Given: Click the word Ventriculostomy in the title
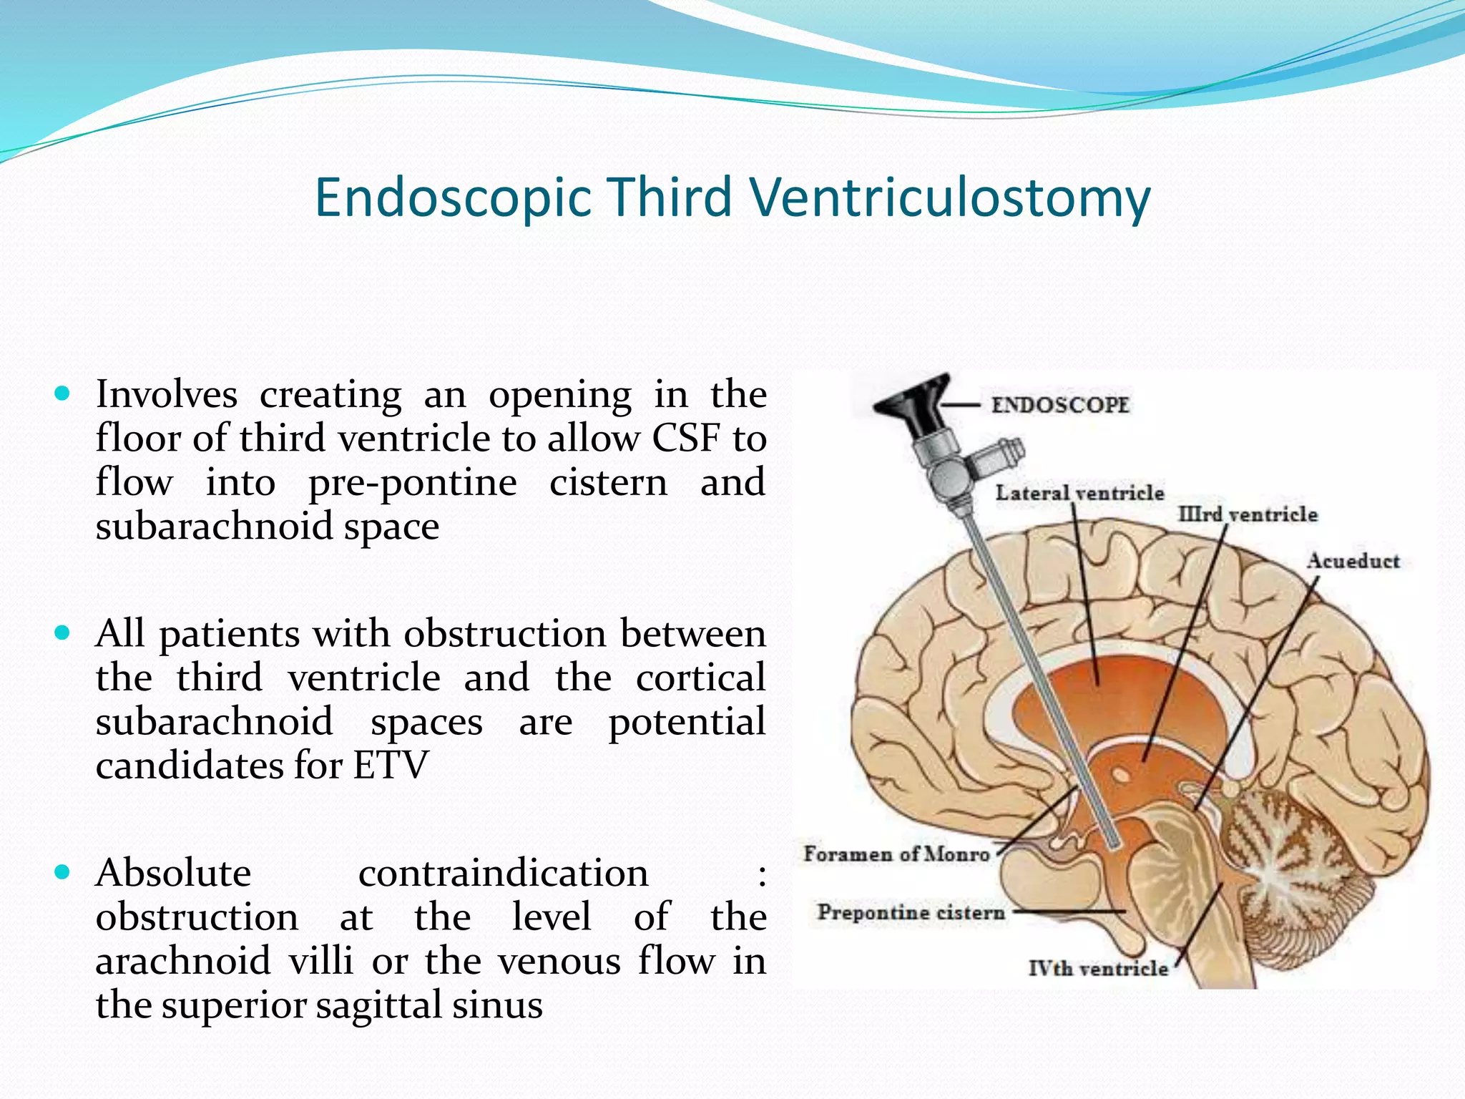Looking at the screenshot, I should [x=951, y=197].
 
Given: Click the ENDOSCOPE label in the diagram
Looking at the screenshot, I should [x=1059, y=405].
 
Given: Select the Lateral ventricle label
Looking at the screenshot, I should [x=1079, y=493].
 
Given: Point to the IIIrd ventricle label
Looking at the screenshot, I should [x=1248, y=514].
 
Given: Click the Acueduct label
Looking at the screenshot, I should [x=1353, y=561].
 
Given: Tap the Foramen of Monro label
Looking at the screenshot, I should [x=896, y=854].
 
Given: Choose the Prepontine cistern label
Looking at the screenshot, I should [x=911, y=912].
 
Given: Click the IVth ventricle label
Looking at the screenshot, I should [x=1098, y=969].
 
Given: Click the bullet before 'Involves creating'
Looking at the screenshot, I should [x=63, y=393].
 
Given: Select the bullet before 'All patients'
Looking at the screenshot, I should [x=63, y=632].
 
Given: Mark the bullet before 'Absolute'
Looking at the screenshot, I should [x=63, y=871].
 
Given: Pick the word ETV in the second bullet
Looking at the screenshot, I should [x=390, y=766].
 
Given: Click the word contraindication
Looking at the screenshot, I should [x=503, y=874].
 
